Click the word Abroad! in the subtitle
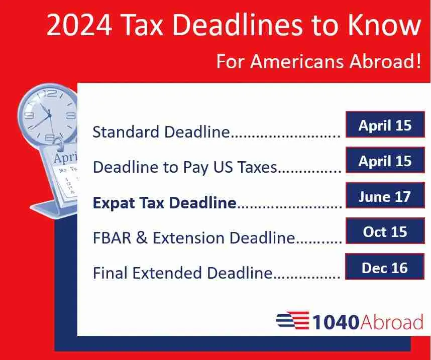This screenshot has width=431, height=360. point(385,61)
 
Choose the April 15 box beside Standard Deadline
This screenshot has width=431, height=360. point(385,125)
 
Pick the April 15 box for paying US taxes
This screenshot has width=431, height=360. point(385,161)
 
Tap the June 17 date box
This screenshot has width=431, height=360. point(385,196)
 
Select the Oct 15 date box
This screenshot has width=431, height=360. point(385,231)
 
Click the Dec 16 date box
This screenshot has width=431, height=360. point(385,268)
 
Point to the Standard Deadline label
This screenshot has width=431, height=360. point(161,132)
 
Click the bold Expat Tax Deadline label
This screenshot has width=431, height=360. point(164,202)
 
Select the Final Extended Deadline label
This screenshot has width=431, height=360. point(182,273)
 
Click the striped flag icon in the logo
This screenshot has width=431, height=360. point(292,320)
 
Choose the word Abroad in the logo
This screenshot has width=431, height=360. point(392,321)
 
